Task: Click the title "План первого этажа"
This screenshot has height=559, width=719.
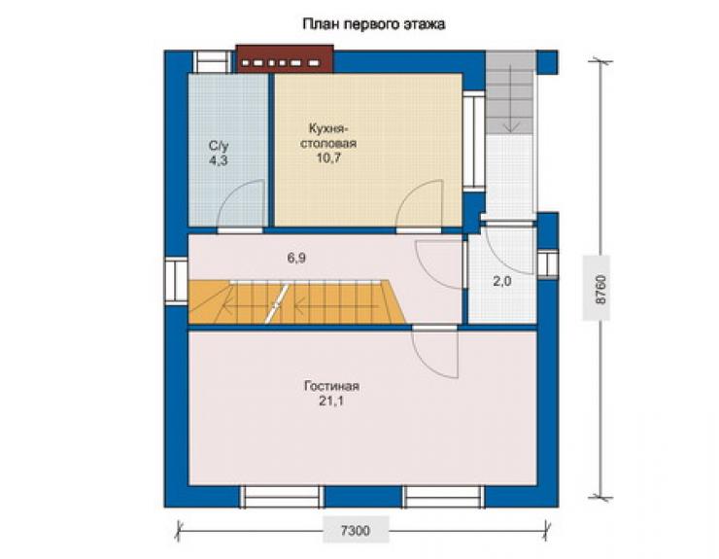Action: (x=374, y=24)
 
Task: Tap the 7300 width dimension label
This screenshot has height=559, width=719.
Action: (x=356, y=531)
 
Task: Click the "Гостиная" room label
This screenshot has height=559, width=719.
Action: (x=331, y=386)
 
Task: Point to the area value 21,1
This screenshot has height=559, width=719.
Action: (x=331, y=402)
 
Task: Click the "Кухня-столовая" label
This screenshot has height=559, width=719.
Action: (x=328, y=135)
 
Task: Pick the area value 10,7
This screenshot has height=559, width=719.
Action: (x=328, y=157)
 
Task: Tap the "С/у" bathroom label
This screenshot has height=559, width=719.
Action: (x=219, y=146)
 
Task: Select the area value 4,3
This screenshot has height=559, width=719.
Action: (x=219, y=160)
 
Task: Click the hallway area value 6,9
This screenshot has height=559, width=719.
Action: (x=296, y=258)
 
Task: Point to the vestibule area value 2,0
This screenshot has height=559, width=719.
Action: (x=502, y=281)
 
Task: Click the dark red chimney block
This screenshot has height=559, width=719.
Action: (x=285, y=58)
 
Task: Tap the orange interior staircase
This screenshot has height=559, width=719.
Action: (x=297, y=301)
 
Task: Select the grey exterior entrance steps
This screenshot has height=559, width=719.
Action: (x=510, y=92)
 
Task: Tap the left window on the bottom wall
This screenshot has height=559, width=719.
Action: (x=282, y=497)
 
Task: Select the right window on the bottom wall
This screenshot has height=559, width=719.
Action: (x=443, y=497)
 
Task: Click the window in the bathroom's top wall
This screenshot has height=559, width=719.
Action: (x=213, y=61)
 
